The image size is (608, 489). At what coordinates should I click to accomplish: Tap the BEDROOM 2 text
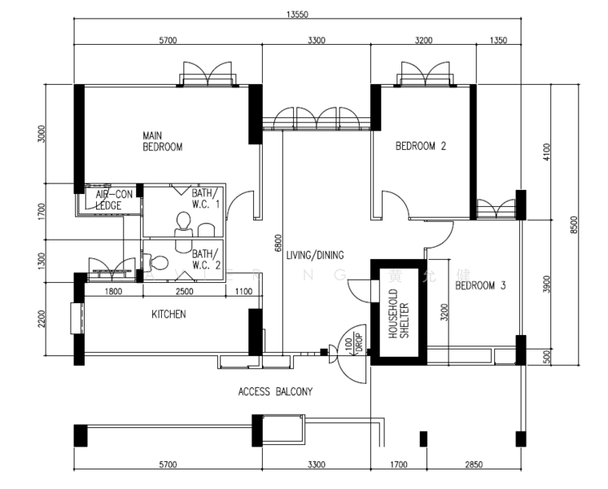(421, 147)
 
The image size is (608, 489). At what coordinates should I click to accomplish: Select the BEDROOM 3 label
(480, 286)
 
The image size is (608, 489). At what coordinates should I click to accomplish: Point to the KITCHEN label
(168, 314)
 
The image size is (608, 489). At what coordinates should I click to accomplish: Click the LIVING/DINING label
(315, 254)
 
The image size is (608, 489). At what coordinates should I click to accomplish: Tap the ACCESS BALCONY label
(275, 392)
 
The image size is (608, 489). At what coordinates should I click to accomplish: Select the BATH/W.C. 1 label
(206, 199)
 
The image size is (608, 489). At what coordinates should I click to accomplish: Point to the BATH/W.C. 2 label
(206, 258)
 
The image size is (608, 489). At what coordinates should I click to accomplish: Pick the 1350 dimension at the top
(498, 39)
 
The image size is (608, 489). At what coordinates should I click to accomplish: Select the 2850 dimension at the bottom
(473, 465)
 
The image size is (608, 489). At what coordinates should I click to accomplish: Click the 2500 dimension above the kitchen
(184, 292)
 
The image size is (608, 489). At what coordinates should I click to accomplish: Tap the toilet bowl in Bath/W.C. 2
(158, 263)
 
